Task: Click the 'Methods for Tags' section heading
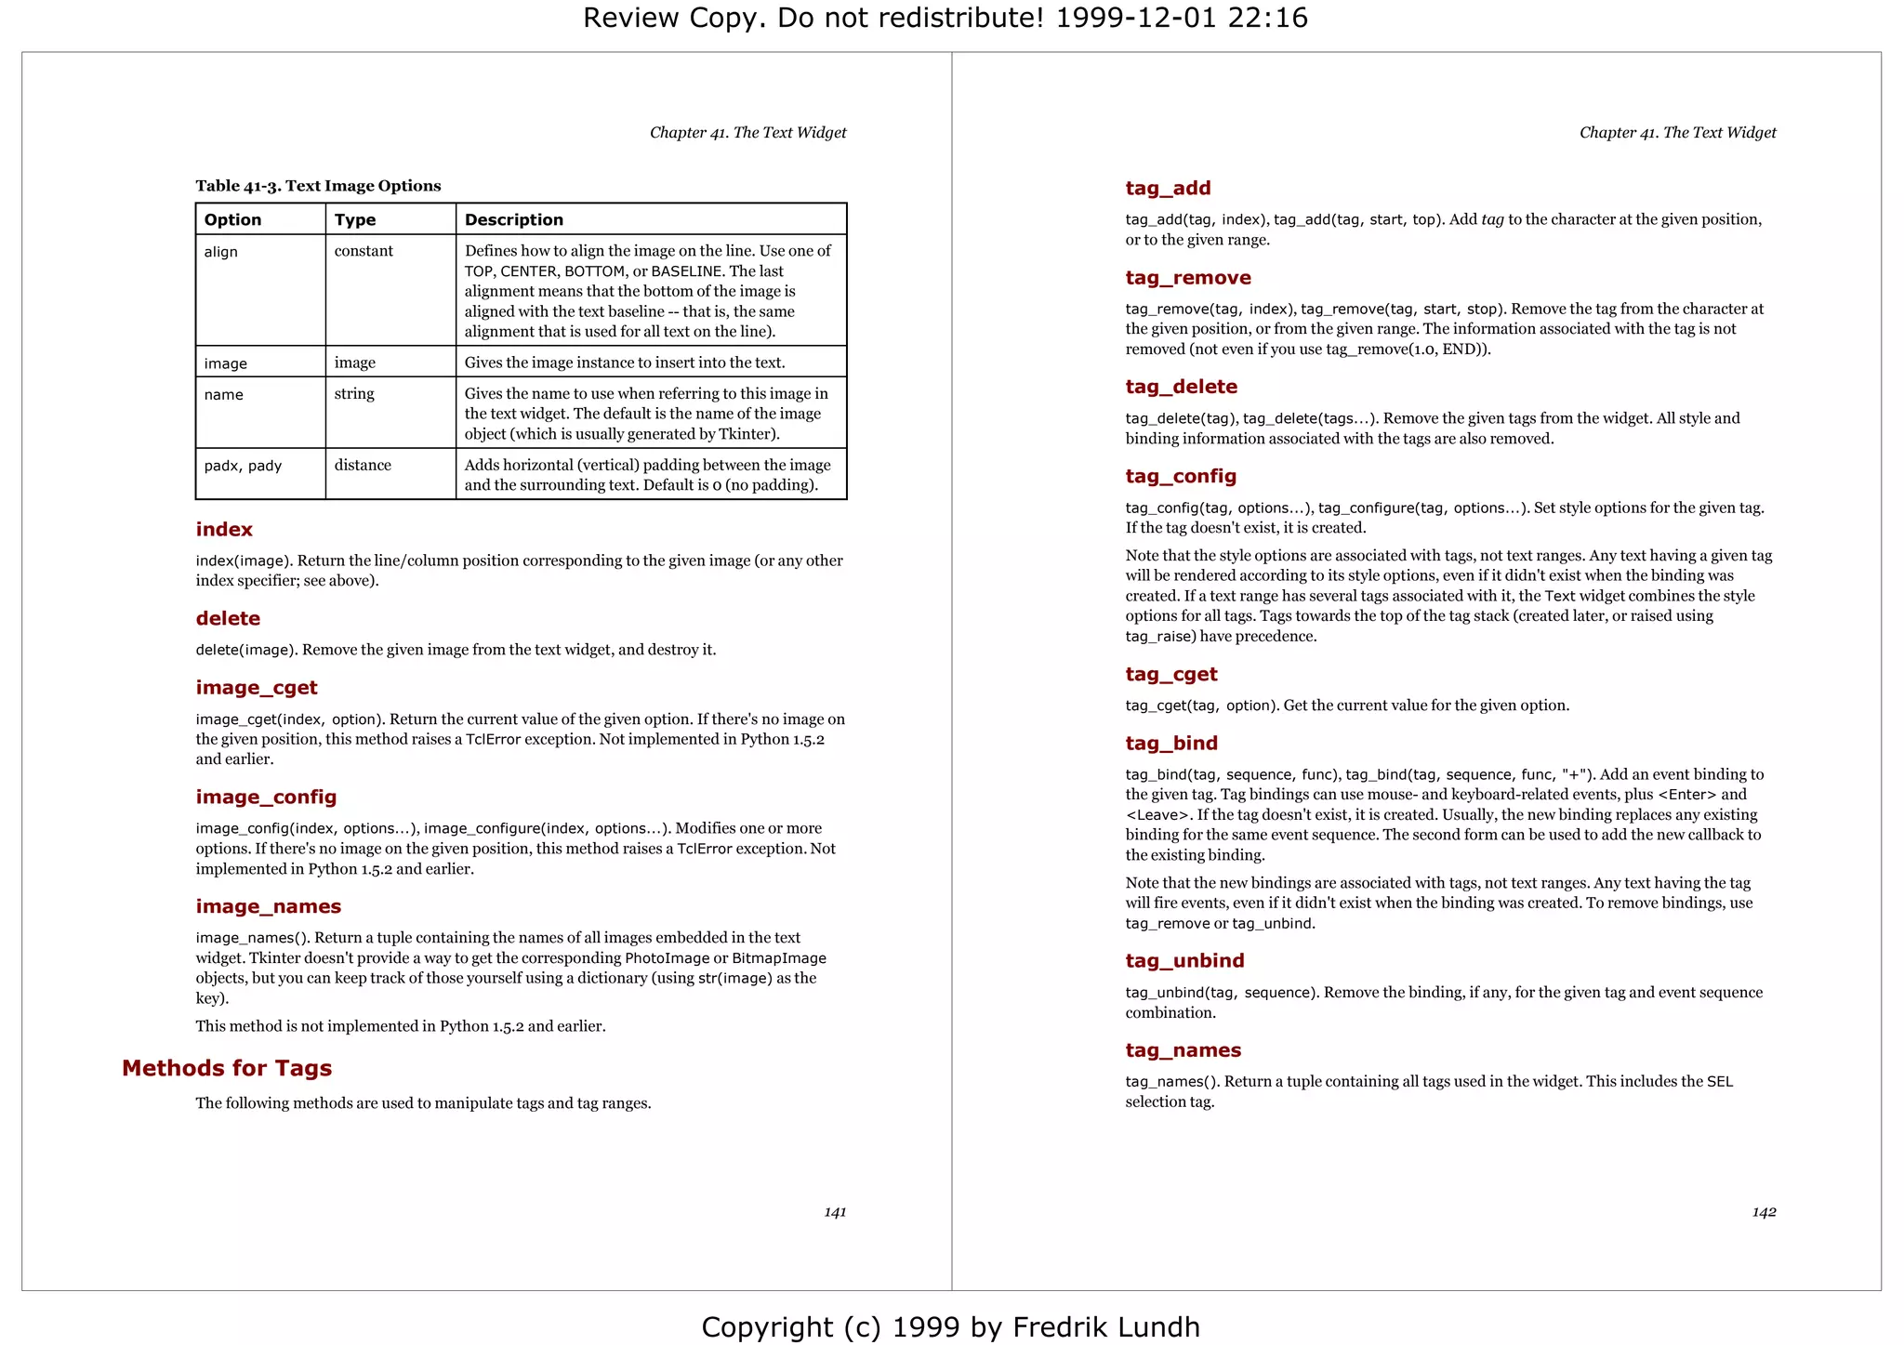coord(227,1068)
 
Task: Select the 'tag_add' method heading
coord(1168,188)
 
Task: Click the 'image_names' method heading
coord(268,906)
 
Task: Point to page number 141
coord(835,1212)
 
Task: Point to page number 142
coord(1764,1212)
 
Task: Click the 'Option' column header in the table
coord(232,219)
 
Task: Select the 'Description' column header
coord(514,219)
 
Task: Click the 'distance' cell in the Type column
coord(363,465)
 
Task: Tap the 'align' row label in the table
coord(221,252)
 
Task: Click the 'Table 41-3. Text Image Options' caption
coord(318,186)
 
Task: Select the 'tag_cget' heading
coord(1170,674)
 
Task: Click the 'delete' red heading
coord(228,618)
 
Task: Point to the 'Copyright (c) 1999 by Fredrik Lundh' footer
coord(950,1326)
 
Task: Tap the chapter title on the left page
coord(747,132)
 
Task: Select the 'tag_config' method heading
coord(1181,476)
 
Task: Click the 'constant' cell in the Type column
coord(364,251)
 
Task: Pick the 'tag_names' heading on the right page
coord(1183,1049)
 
